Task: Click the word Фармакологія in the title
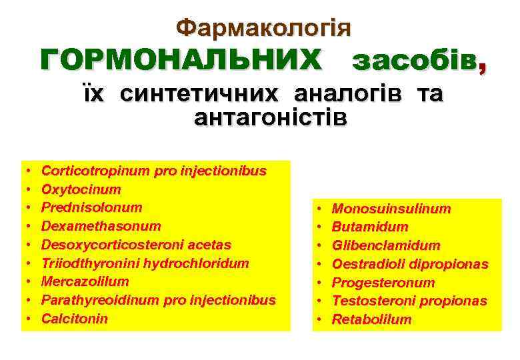263,27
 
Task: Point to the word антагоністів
270,118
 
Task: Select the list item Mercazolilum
85,281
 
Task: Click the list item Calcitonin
74,319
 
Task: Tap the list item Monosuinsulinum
391,209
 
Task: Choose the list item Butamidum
369,227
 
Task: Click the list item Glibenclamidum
385,245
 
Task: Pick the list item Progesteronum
383,283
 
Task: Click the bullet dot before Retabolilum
319,320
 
